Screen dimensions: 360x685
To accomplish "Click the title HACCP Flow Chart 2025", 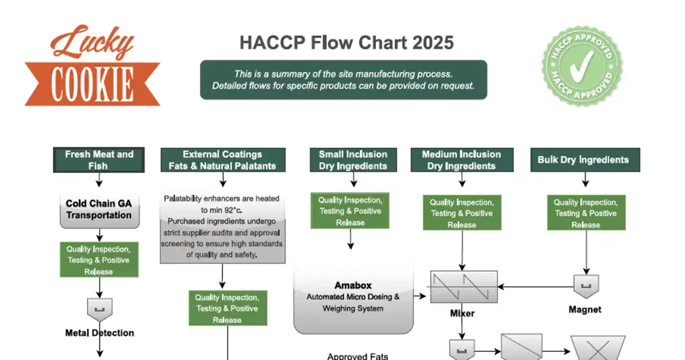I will click(347, 43).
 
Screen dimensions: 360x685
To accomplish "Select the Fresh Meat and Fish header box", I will click(99, 160).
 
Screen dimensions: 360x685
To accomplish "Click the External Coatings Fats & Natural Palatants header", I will click(223, 160).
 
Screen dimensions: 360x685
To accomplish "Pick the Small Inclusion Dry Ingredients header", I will click(353, 160).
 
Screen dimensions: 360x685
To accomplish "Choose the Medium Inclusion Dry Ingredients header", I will click(461, 160).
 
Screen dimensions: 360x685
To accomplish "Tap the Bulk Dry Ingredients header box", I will click(583, 160).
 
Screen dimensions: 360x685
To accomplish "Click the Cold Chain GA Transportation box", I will click(99, 209).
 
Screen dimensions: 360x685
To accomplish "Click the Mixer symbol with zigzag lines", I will click(462, 286).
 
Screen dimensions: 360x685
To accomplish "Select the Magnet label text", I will click(585, 310).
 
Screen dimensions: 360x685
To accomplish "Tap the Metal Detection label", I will click(100, 333).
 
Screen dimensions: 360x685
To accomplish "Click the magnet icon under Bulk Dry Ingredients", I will click(586, 286).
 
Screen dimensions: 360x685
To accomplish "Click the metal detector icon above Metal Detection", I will click(100, 309).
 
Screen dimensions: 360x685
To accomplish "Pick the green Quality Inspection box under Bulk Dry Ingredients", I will click(586, 213).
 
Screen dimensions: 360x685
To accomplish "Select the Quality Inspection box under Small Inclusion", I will click(350, 211).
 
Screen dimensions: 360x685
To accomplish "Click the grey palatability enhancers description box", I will click(223, 228).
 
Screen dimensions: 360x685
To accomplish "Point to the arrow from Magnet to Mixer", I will click(535, 286).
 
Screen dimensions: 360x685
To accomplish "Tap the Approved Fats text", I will click(357, 356).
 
